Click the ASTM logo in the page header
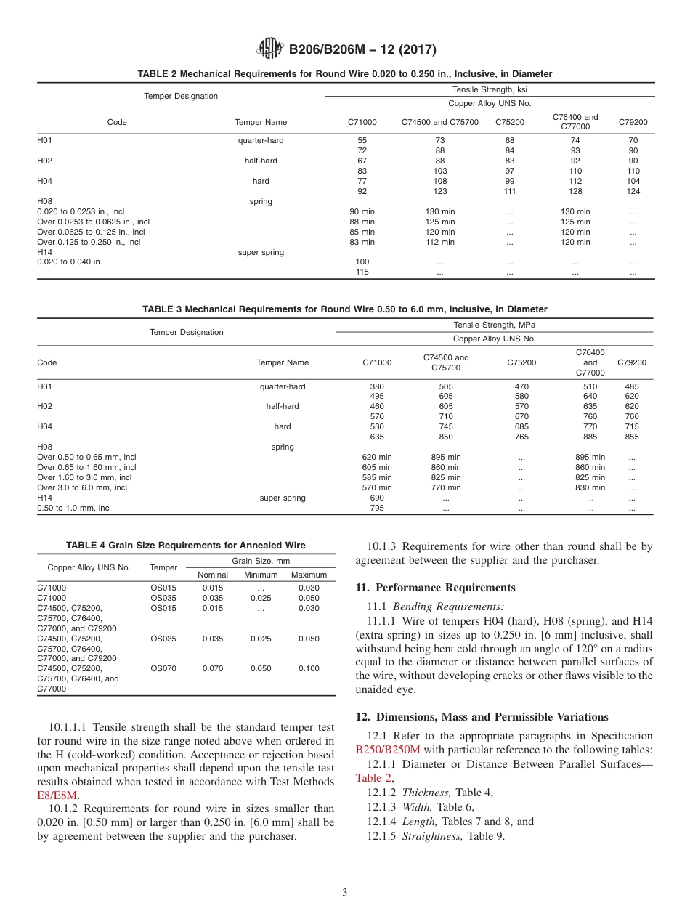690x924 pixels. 271,49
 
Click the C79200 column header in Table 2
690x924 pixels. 633,122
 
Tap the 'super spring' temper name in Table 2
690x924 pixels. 261,252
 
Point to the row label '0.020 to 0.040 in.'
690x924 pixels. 70,262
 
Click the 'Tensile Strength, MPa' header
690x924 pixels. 494,325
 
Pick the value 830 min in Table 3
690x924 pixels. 590,487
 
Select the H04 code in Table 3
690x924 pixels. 45,426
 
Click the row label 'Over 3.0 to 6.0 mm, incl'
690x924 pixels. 82,487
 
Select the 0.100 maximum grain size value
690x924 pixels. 309,668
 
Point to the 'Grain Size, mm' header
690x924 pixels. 261,561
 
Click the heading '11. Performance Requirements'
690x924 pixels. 436,587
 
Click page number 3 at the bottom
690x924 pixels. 344,892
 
